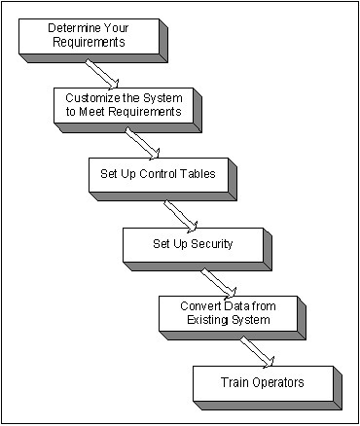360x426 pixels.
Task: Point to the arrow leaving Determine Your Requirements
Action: coord(102,73)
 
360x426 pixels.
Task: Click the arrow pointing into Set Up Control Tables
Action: coord(140,142)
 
